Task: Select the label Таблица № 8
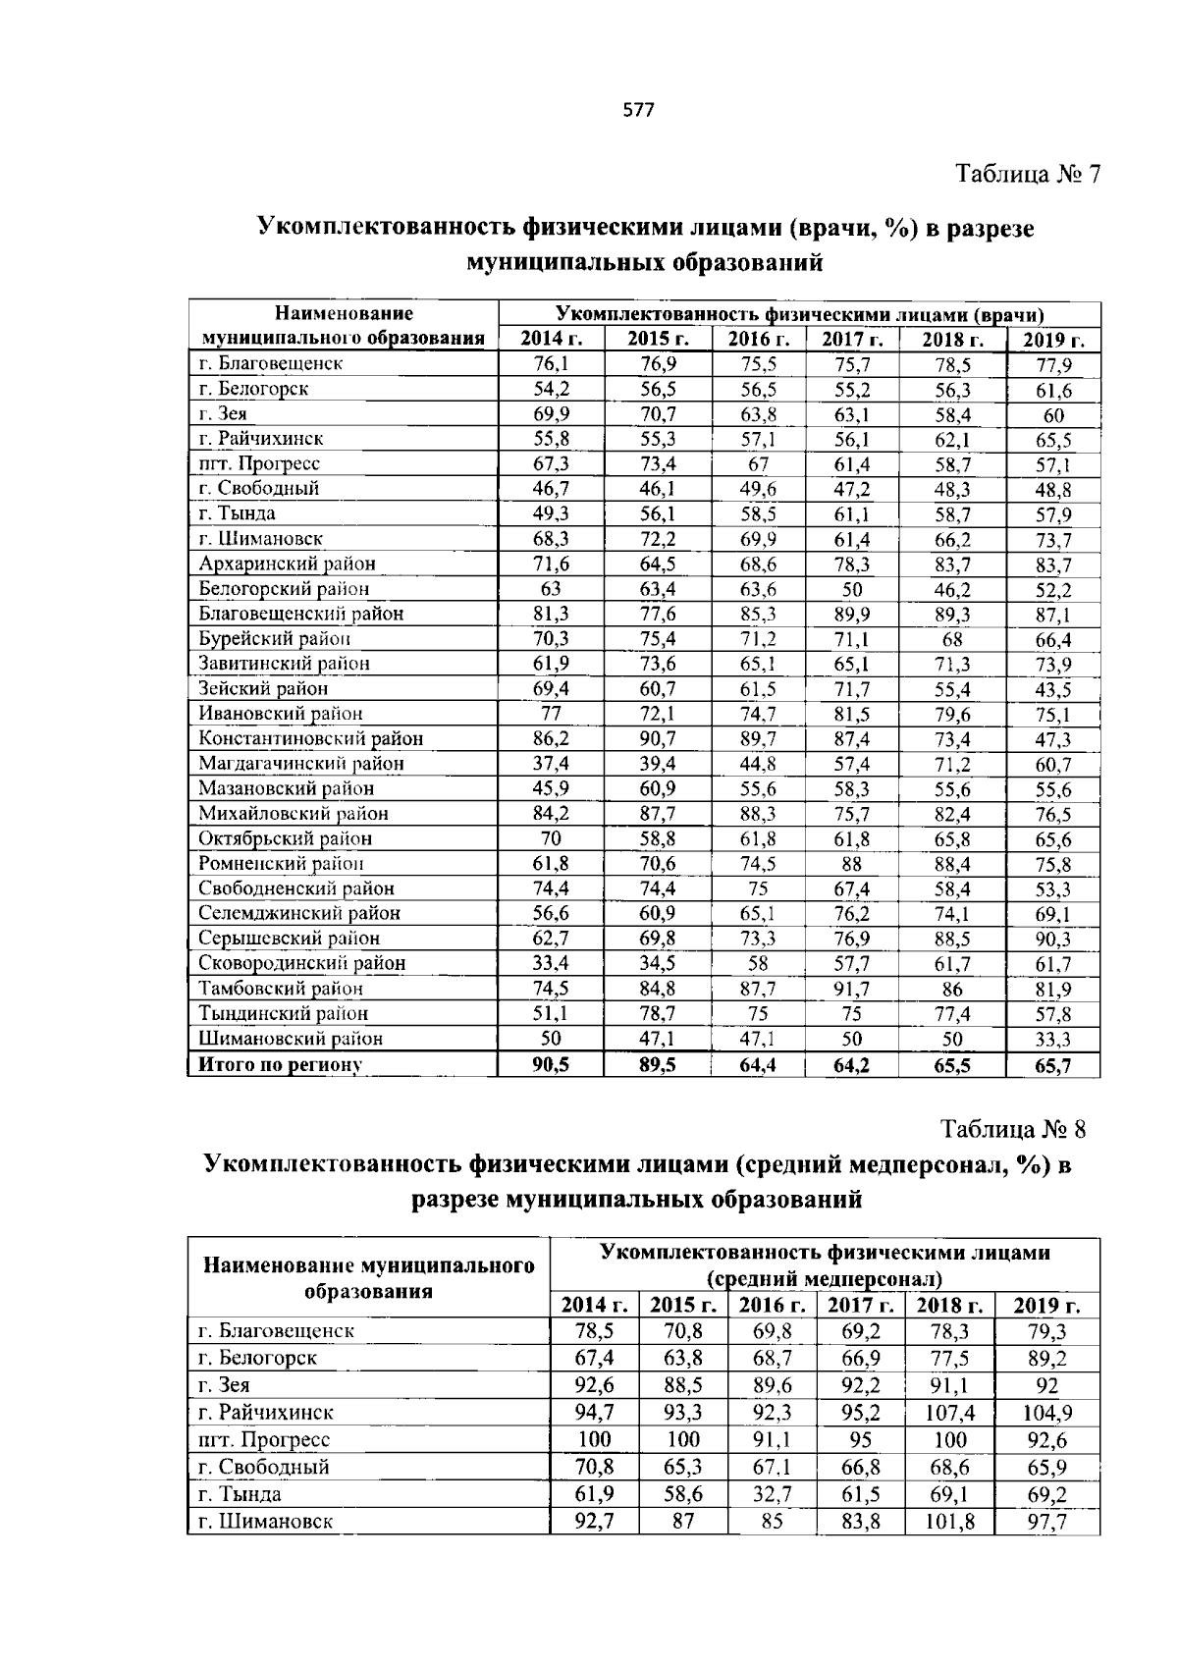point(1014,1129)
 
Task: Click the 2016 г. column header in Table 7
point(758,340)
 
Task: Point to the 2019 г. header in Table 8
point(1046,1306)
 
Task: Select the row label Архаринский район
point(287,564)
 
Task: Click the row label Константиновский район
point(310,738)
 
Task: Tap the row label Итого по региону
point(281,1064)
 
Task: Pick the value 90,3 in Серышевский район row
point(1052,940)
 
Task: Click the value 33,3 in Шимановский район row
point(1052,1040)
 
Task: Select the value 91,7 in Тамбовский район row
point(852,989)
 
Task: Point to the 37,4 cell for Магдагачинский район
point(551,763)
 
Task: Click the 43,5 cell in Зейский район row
point(1052,689)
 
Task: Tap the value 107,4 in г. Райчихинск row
point(949,1413)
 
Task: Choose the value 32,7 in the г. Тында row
point(772,1494)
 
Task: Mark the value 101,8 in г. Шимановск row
point(949,1522)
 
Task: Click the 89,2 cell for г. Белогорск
point(1046,1359)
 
